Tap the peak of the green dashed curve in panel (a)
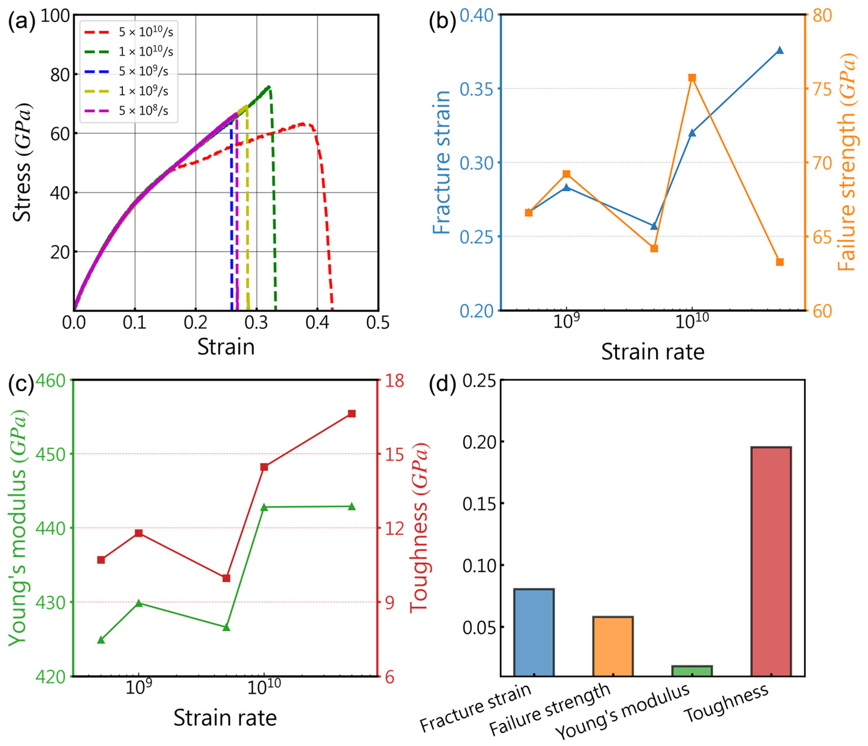268,87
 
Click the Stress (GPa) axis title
22,162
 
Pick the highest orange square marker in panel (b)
692,78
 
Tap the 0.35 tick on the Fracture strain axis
476,89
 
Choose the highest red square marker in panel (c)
352,414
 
